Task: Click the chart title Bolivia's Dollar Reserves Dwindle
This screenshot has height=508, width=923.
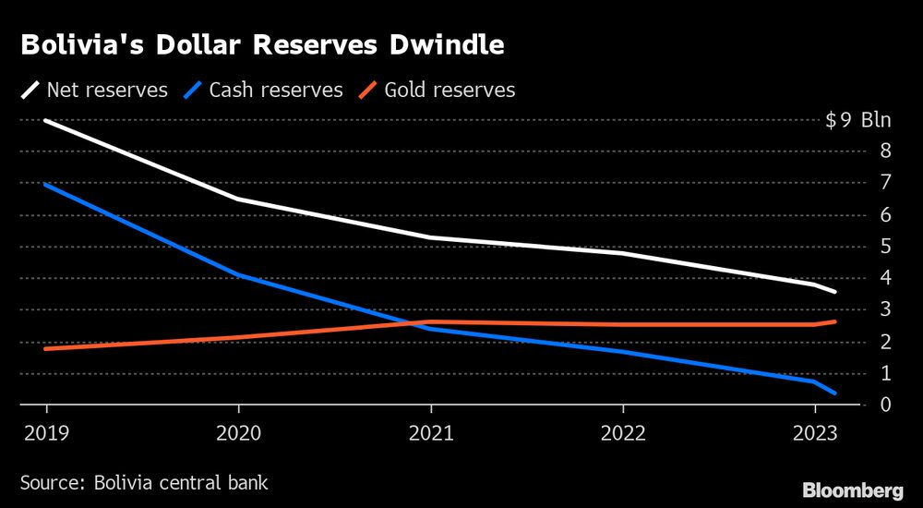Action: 262,46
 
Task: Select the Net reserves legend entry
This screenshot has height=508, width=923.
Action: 94,91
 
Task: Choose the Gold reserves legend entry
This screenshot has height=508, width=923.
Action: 437,91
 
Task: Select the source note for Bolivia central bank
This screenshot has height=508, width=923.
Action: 144,482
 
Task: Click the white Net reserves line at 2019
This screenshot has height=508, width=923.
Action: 46,120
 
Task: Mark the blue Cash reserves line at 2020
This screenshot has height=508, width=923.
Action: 238,275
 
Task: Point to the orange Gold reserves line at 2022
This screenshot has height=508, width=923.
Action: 623,324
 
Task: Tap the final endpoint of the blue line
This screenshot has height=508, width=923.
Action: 835,393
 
